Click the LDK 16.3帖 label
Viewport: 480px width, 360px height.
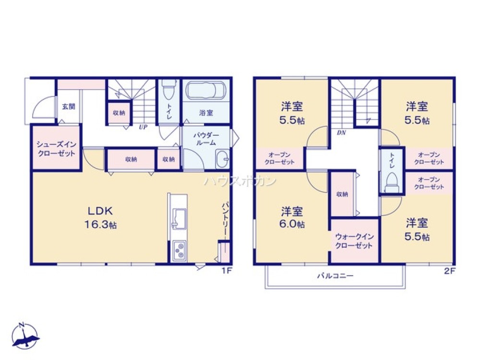coord(100,217)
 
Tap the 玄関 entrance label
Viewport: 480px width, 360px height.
coord(69,107)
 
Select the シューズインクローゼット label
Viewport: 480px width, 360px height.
coord(56,149)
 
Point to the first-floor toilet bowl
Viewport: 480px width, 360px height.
coord(168,90)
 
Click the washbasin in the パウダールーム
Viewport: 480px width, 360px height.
coord(222,159)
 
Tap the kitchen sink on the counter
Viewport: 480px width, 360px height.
coord(179,218)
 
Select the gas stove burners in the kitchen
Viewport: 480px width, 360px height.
coord(179,251)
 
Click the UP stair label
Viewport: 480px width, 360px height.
coord(143,127)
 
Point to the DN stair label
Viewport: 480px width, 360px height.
coord(341,133)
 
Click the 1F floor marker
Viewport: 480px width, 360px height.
coord(226,271)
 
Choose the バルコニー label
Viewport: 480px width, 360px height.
coord(335,276)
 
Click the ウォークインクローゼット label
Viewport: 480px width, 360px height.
coord(354,241)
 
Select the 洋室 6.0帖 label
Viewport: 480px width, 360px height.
coord(292,217)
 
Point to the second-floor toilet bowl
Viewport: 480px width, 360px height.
coord(391,183)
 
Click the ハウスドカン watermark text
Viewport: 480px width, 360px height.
coord(240,181)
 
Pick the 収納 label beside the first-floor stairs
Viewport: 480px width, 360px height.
coord(119,113)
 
